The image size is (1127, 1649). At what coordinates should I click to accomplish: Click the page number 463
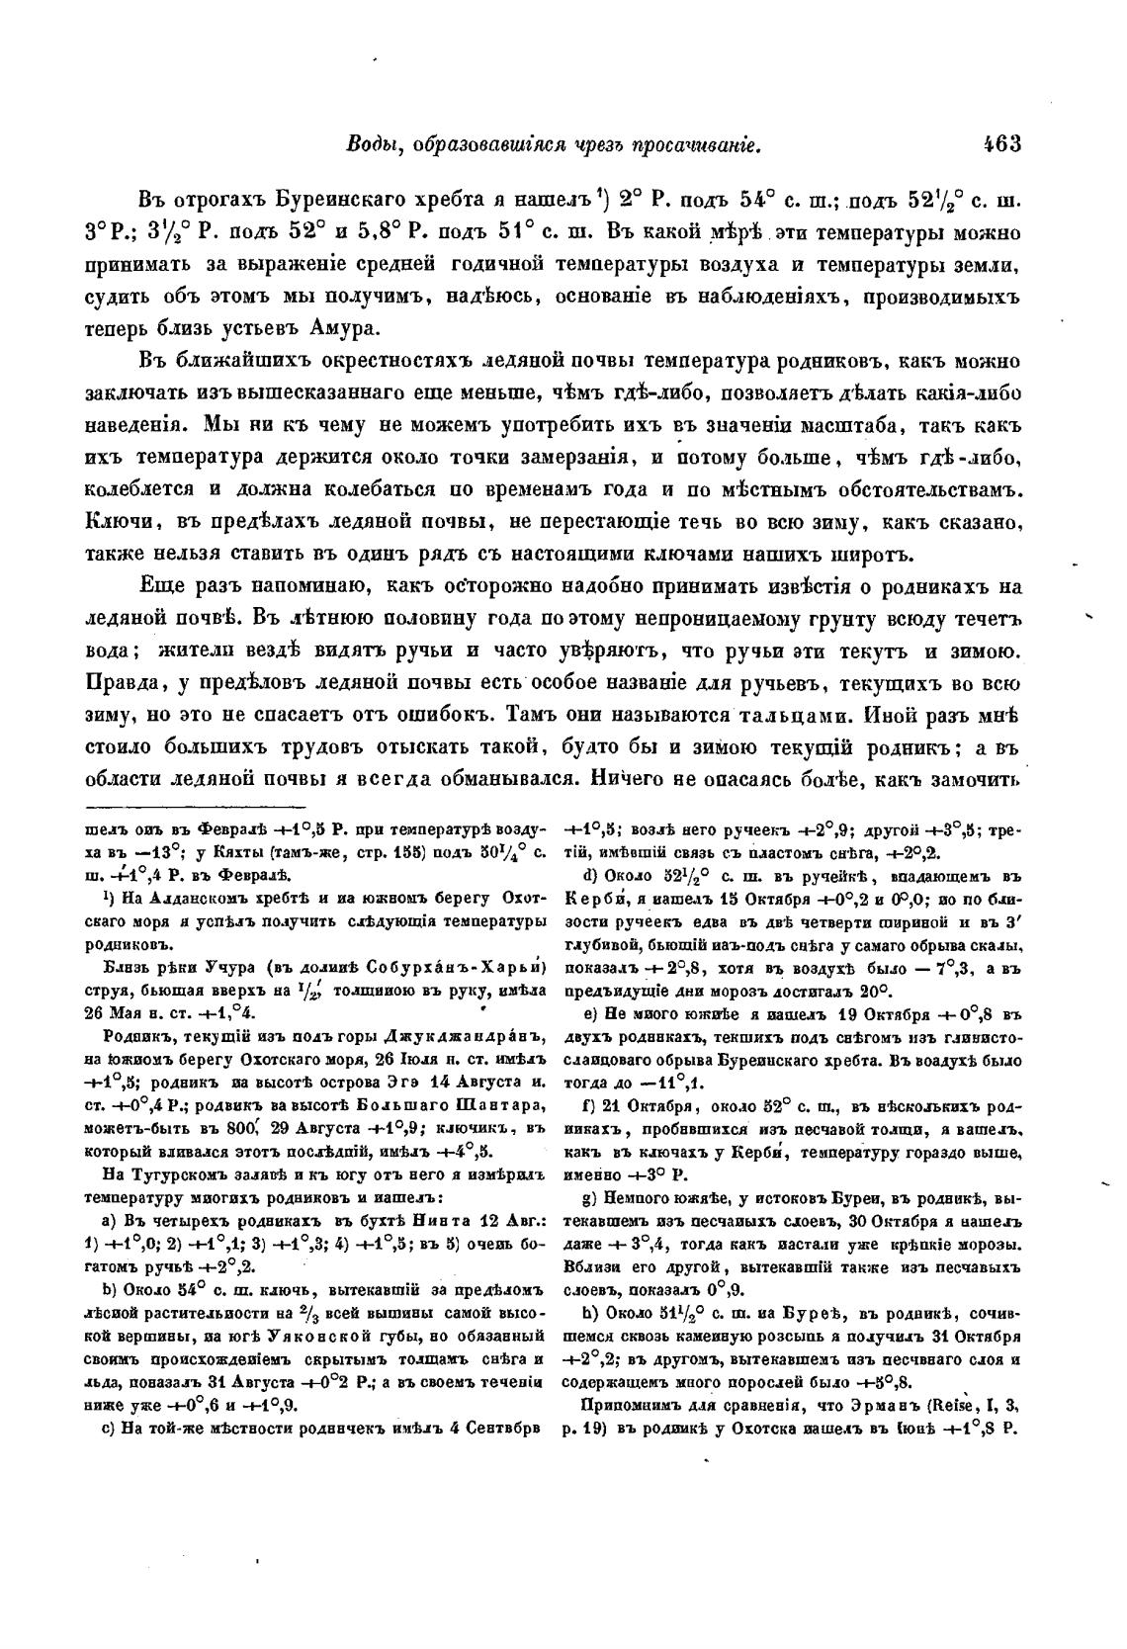(x=1000, y=144)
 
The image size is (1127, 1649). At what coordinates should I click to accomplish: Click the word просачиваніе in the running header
(x=692, y=145)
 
